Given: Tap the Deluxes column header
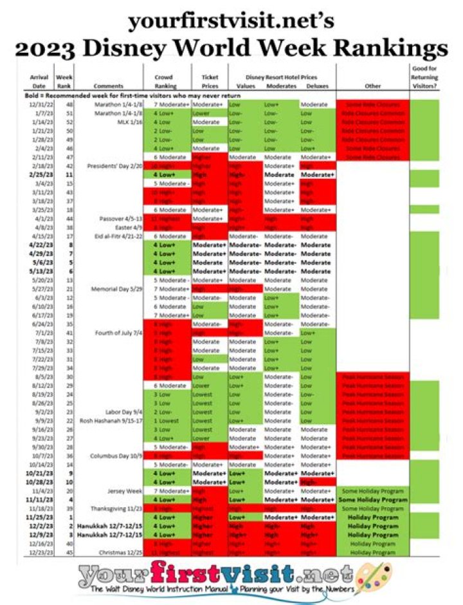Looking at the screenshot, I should tap(316, 86).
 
